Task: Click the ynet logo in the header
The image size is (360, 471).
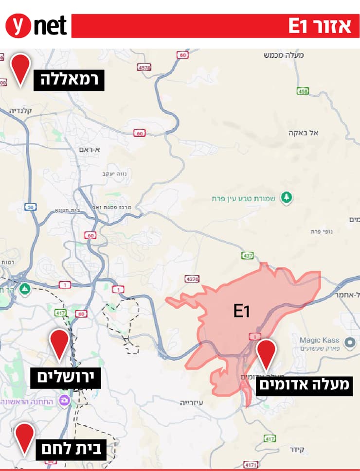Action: tap(36, 26)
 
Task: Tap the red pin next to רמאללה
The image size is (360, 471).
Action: tap(21, 68)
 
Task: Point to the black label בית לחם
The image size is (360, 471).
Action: tap(71, 450)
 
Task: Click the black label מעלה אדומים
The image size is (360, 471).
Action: tap(305, 384)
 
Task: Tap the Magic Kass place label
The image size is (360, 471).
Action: tap(319, 340)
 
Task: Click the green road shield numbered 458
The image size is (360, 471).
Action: tap(303, 91)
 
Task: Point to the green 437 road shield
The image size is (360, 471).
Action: tap(247, 255)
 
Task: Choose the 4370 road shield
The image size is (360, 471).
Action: tap(192, 279)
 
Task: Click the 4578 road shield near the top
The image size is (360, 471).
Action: tap(144, 68)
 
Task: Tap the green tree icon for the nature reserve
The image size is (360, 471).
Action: tap(287, 197)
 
